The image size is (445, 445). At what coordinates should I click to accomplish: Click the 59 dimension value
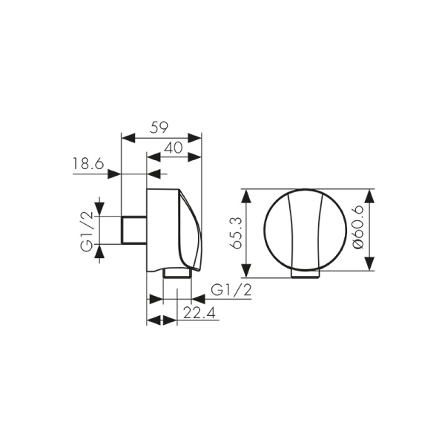click(x=159, y=127)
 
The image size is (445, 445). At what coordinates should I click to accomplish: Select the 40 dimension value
click(x=174, y=148)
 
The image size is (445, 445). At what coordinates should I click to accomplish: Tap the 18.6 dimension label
click(x=88, y=164)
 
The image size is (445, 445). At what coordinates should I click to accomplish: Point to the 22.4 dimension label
click(x=200, y=313)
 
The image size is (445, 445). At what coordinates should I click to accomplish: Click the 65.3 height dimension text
click(x=236, y=233)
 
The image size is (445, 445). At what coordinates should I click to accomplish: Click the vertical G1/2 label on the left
click(x=87, y=231)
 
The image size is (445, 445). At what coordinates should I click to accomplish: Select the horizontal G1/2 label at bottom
click(x=231, y=290)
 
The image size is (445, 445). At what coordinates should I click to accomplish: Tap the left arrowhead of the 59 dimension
click(x=128, y=139)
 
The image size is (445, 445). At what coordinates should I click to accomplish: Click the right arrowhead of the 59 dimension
click(x=194, y=139)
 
